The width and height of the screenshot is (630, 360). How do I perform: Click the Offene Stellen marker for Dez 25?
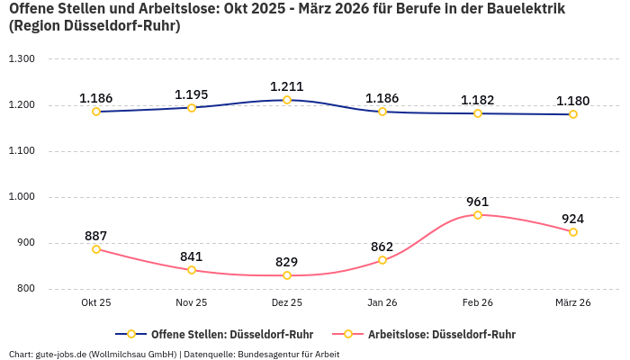tap(287, 100)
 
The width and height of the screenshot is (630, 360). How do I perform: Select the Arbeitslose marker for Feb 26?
tap(478, 215)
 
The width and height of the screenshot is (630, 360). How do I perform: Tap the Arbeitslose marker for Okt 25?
tap(96, 249)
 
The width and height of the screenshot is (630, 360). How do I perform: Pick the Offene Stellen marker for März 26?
tap(573, 114)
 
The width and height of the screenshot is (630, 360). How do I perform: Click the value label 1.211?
tap(287, 86)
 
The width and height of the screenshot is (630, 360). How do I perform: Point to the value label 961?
tap(478, 202)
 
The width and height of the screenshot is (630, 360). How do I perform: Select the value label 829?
tap(287, 262)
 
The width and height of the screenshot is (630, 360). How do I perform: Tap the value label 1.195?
tap(192, 94)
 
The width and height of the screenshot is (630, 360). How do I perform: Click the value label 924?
tap(573, 219)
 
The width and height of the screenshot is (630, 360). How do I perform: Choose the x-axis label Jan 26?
tap(382, 303)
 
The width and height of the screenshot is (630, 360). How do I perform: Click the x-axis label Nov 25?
tap(192, 303)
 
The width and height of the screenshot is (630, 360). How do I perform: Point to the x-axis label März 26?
tap(573, 303)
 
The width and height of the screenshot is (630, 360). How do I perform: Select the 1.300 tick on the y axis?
tap(21, 59)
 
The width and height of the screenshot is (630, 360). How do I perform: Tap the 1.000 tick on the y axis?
tap(21, 197)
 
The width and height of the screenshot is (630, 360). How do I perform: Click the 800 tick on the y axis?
tap(24, 289)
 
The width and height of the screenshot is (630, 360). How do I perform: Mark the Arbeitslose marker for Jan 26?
tap(382, 260)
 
